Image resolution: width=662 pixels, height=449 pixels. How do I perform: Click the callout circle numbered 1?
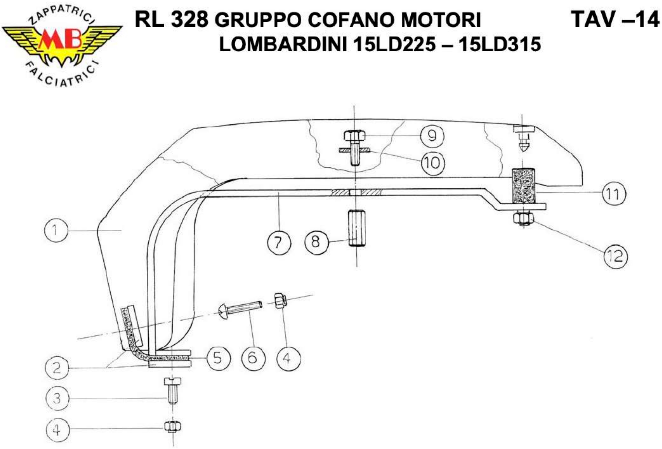pos(56,230)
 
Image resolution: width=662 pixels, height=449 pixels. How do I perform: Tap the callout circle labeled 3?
pos(57,398)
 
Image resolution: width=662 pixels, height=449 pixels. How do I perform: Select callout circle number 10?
pos(433,163)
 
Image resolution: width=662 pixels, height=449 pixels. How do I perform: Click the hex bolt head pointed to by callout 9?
pos(355,135)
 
